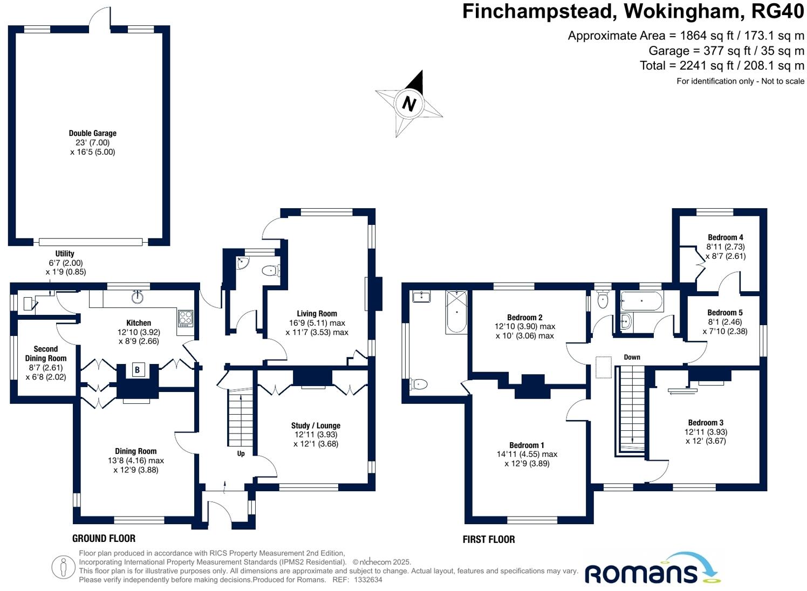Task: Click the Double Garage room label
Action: coord(92,133)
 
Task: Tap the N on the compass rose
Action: coord(409,103)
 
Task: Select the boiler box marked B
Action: coord(138,370)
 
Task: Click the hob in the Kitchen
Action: coord(185,318)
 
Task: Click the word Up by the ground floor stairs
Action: coord(241,453)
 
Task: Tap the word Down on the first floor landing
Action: coord(632,357)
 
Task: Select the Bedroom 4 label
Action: coord(725,237)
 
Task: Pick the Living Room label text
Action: coord(317,313)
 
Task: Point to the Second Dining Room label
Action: coord(46,354)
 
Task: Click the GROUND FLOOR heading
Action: coord(104,538)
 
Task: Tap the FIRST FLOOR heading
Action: coord(489,539)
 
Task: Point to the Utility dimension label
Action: coord(65,263)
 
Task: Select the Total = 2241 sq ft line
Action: coord(721,66)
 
